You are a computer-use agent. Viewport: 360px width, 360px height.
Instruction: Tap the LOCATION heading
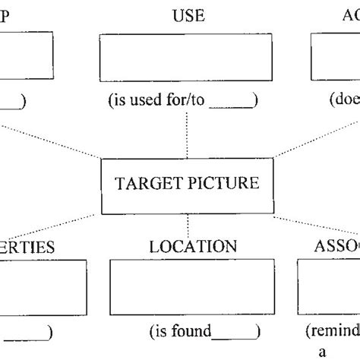point(193,248)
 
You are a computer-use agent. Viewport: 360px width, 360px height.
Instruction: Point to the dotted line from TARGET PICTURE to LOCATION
point(187,229)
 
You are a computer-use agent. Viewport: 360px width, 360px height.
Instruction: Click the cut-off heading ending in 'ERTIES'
point(24,248)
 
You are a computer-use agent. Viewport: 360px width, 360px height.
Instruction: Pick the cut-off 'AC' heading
point(348,16)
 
